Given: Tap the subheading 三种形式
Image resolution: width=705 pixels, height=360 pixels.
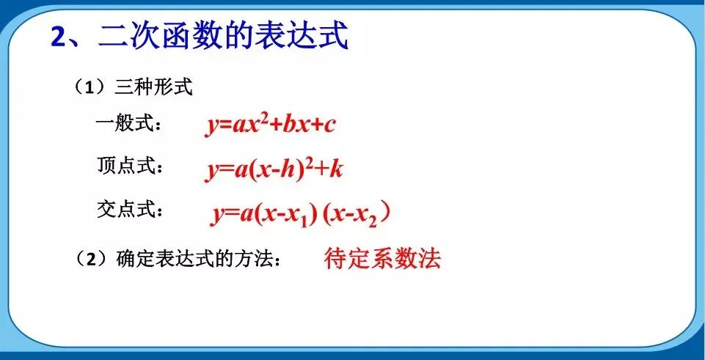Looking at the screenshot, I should (x=153, y=88).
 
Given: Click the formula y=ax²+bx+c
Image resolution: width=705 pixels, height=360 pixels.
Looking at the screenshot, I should (x=270, y=125).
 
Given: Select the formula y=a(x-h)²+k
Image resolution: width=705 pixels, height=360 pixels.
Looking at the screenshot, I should (x=274, y=169).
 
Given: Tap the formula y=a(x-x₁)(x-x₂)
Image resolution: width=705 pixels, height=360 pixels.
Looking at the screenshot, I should (x=300, y=213).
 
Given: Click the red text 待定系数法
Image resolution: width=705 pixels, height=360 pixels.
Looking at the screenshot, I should (x=382, y=257).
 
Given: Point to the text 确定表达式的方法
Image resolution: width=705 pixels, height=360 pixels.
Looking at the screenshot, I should (x=194, y=258).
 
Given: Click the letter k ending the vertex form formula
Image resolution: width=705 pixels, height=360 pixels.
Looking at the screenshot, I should (x=336, y=169).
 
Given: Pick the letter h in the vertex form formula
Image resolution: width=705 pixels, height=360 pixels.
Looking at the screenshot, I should (x=290, y=169).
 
